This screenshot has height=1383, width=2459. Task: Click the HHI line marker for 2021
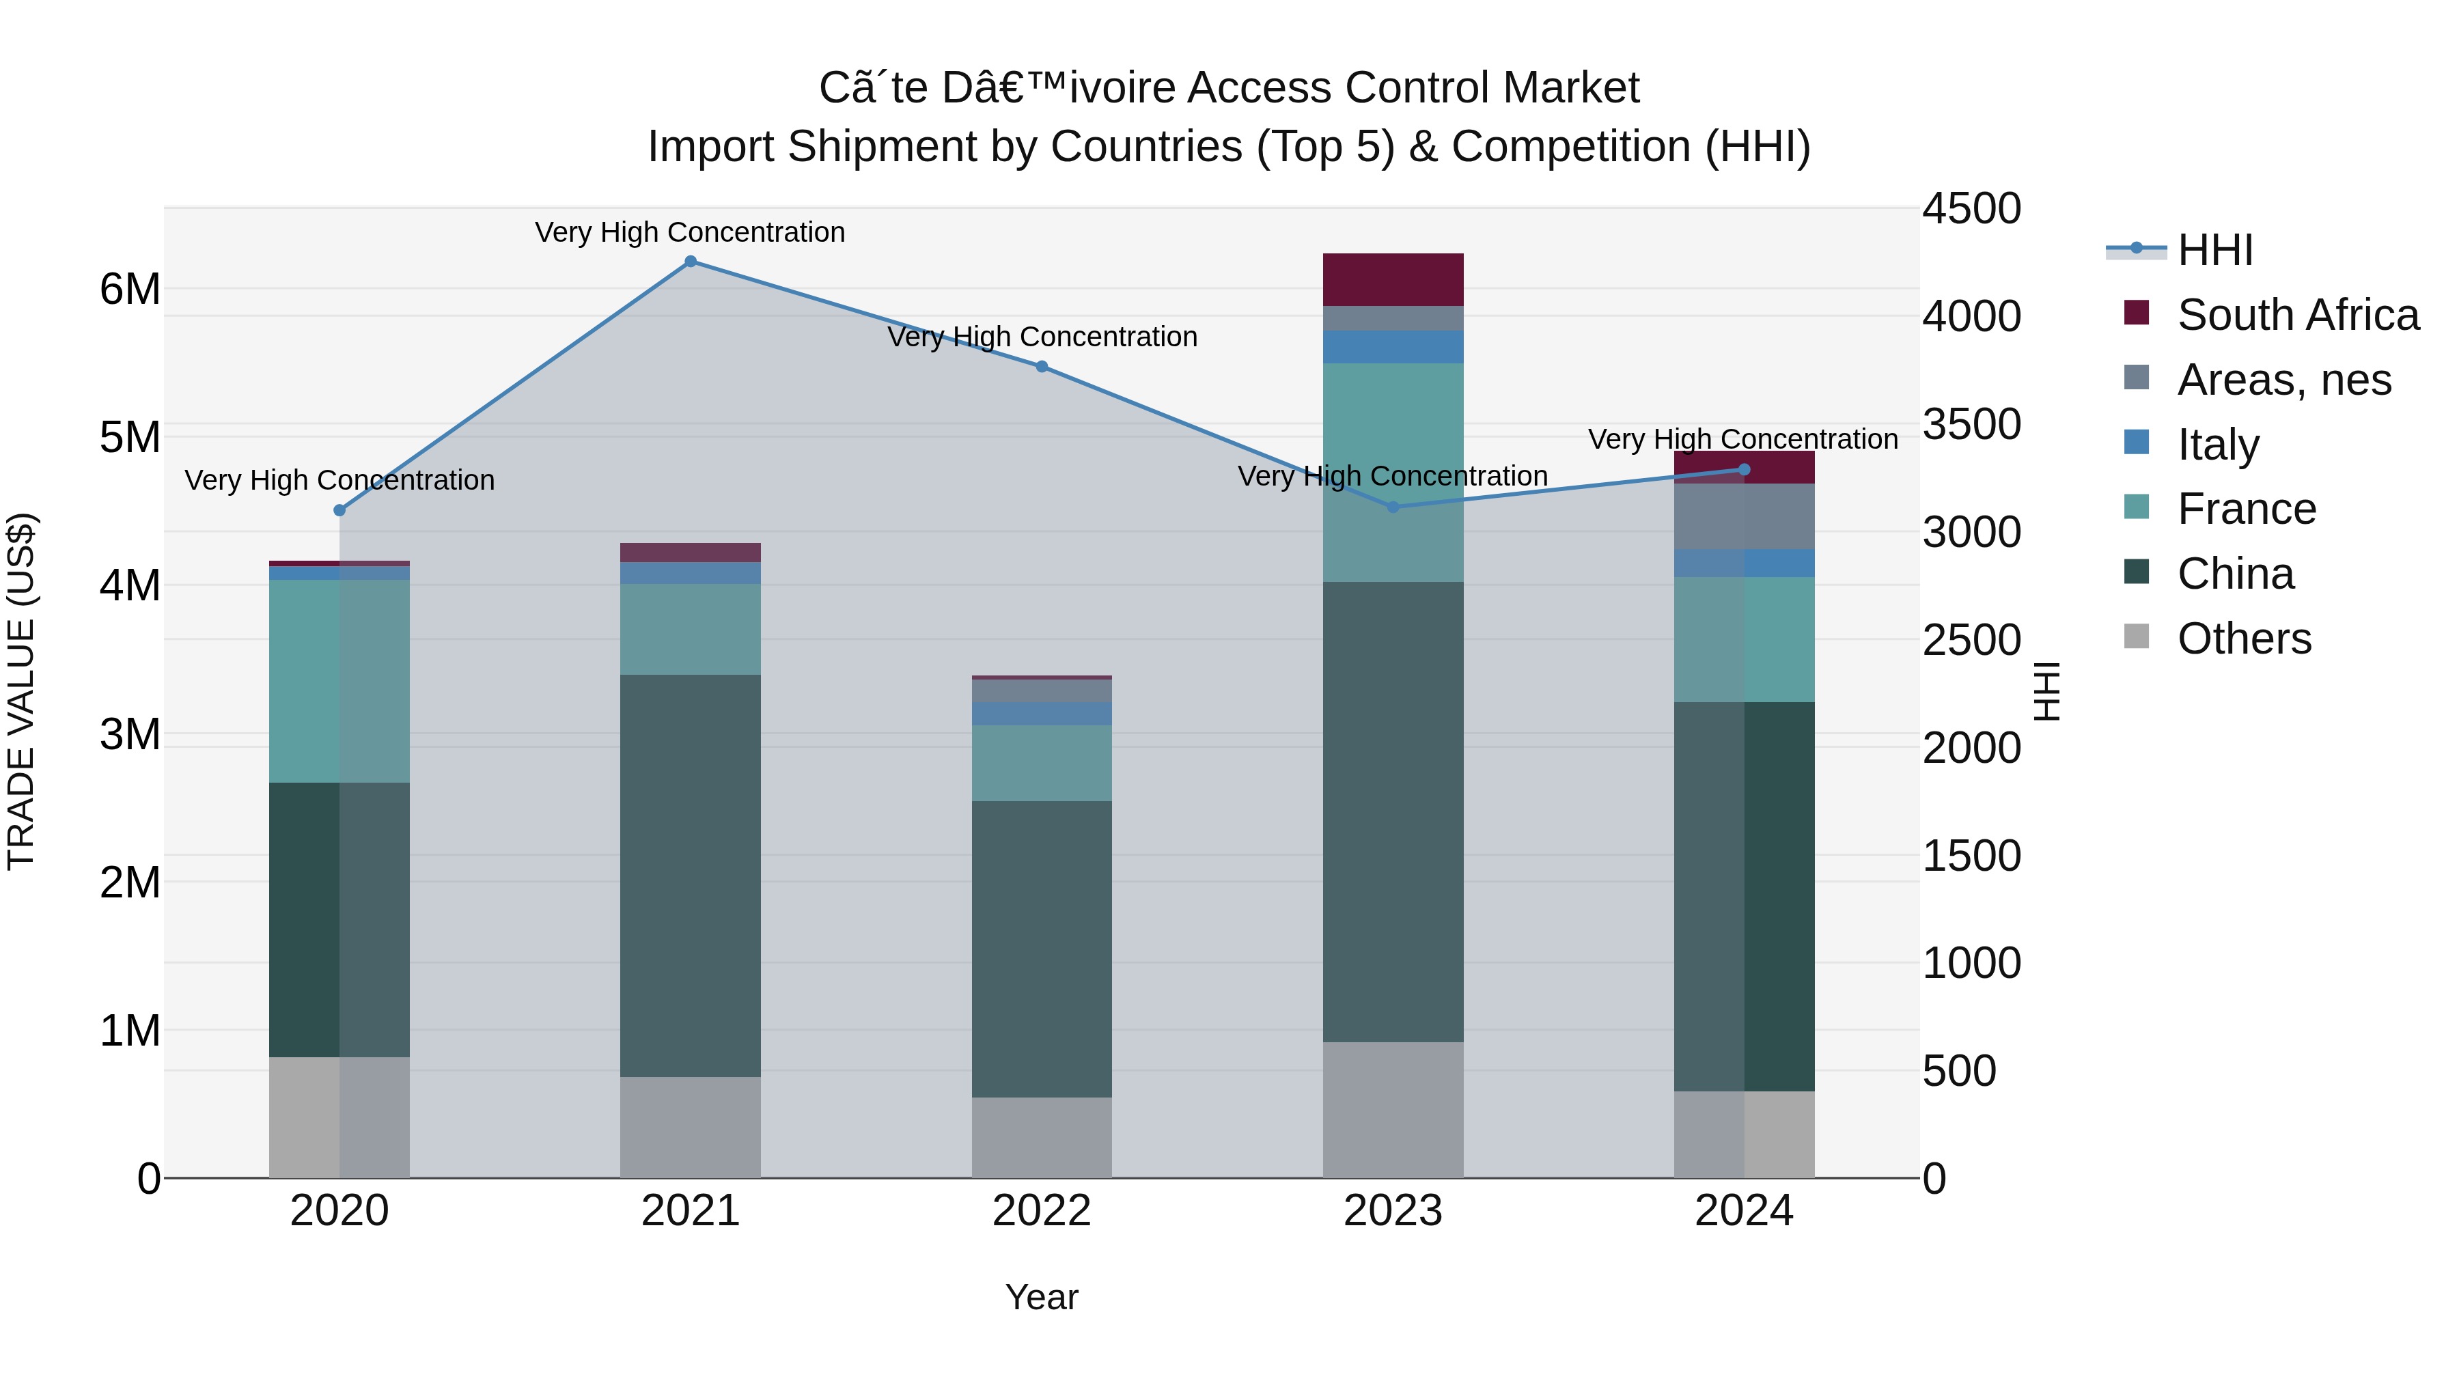[690, 262]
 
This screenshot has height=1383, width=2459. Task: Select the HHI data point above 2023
[1393, 507]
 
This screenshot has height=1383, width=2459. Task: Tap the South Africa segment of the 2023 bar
[1393, 279]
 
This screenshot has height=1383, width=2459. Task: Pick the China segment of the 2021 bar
[690, 876]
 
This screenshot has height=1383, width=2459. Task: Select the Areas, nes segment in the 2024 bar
[1744, 516]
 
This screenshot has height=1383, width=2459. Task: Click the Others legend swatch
[2137, 637]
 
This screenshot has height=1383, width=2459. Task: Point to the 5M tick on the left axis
[130, 437]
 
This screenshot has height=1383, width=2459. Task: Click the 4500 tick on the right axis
[1971, 209]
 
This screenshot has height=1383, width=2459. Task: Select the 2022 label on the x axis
[1042, 1211]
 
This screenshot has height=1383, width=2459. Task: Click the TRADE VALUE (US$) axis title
[21, 691]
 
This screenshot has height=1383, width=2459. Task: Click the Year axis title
[1042, 1297]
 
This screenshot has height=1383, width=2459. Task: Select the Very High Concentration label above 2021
[690, 232]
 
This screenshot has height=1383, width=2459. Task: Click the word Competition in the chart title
[1570, 147]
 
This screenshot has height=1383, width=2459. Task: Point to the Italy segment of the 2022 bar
[1042, 714]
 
